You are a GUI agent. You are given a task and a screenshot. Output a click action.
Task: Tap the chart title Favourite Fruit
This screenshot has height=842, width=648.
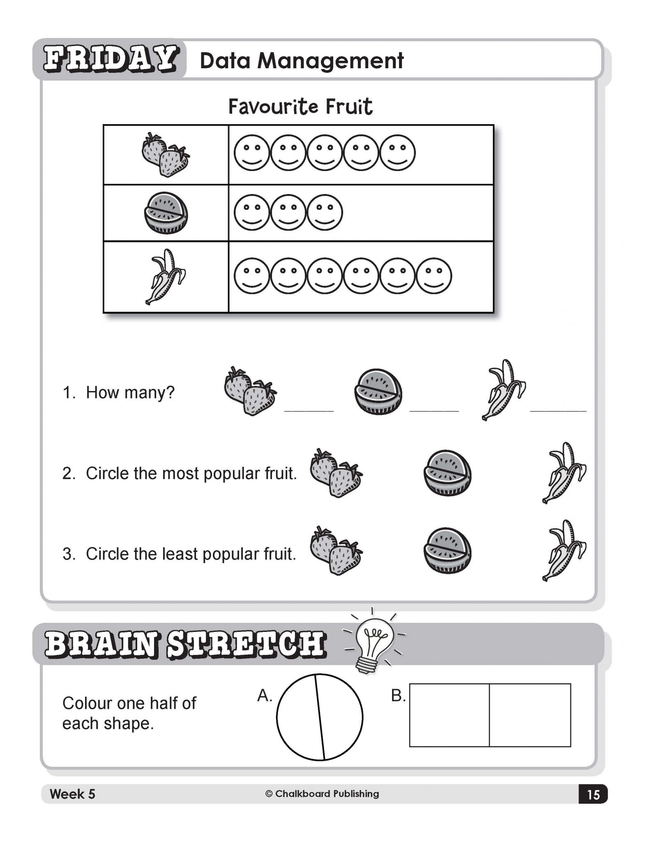click(300, 106)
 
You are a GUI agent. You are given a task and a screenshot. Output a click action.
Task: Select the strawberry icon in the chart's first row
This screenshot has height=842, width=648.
click(166, 155)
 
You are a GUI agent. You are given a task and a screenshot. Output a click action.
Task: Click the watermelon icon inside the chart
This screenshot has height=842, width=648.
click(166, 213)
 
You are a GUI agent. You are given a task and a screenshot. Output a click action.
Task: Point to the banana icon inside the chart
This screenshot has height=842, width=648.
click(166, 277)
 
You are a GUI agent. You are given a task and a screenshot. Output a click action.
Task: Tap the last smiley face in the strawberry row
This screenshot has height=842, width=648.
click(397, 153)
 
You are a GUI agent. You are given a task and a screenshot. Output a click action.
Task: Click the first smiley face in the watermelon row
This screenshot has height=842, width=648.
click(252, 212)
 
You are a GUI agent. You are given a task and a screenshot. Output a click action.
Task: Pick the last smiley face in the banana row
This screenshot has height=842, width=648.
click(434, 276)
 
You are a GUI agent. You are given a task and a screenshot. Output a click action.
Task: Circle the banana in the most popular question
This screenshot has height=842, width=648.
click(564, 473)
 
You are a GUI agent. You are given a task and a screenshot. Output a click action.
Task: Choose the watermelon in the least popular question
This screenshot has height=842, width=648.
click(447, 551)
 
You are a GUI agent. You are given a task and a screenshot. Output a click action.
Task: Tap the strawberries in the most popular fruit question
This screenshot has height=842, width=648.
click(336, 473)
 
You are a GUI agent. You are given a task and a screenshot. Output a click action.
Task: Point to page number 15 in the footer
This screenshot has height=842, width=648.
click(593, 794)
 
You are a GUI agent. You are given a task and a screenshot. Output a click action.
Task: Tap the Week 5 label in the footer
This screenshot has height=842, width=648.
click(72, 794)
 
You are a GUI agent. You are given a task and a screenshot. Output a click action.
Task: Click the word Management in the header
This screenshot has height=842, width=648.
click(331, 60)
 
